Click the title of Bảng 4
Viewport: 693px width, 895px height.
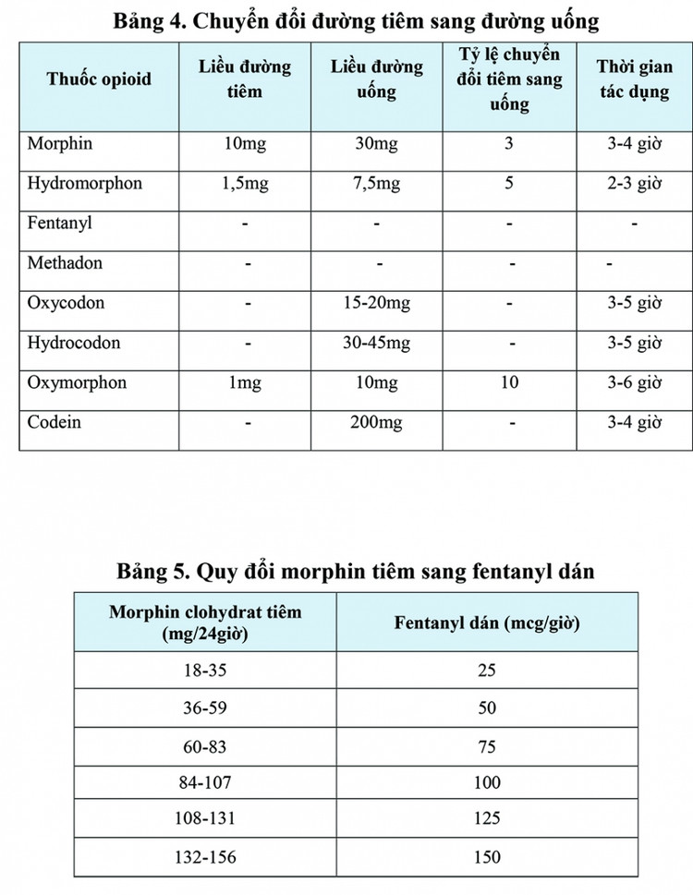coord(356,19)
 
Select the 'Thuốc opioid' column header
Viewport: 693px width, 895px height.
coord(99,79)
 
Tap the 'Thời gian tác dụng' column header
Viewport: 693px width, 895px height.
coord(635,79)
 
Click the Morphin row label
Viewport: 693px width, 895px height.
coord(60,144)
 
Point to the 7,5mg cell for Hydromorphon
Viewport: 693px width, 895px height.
coord(377,183)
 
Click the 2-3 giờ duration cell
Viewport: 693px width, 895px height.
coord(635,183)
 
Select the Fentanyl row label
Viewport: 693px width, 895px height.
coord(60,224)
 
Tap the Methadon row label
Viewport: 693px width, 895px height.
coord(65,263)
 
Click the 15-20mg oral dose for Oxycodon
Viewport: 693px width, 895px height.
coord(377,303)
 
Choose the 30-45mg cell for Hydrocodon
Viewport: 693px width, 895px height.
coord(377,343)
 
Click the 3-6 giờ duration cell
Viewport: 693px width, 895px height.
coord(635,382)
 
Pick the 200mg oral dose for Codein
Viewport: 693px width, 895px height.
coord(377,422)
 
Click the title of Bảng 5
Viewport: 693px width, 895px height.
coord(356,571)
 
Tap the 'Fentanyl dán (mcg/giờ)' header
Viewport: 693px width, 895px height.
coord(487,623)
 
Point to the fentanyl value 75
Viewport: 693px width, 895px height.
coord(487,745)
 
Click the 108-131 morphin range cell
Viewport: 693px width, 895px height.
coord(205,819)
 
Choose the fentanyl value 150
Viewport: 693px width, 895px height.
coord(487,857)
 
